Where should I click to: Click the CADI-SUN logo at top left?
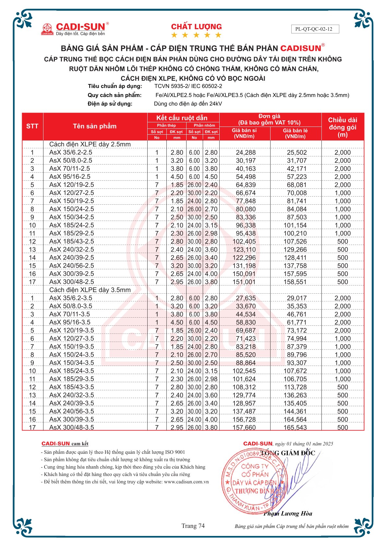75,29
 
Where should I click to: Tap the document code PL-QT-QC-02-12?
314,29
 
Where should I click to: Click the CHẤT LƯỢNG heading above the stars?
196,27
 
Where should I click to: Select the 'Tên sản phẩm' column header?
95,126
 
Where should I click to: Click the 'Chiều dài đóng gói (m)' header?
342,127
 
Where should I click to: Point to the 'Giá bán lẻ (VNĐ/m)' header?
295,133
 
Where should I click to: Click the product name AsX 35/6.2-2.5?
71,152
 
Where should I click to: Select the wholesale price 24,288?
246,152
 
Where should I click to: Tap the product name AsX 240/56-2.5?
72,266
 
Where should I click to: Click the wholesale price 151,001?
244,282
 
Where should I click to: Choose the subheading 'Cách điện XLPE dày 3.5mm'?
90,290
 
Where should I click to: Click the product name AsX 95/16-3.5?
70,322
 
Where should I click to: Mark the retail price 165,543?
295,428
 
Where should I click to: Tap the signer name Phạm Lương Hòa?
288,514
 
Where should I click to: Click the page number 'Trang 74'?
193,526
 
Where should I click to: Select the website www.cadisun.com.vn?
186,482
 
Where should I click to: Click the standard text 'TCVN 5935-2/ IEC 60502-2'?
188,86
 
